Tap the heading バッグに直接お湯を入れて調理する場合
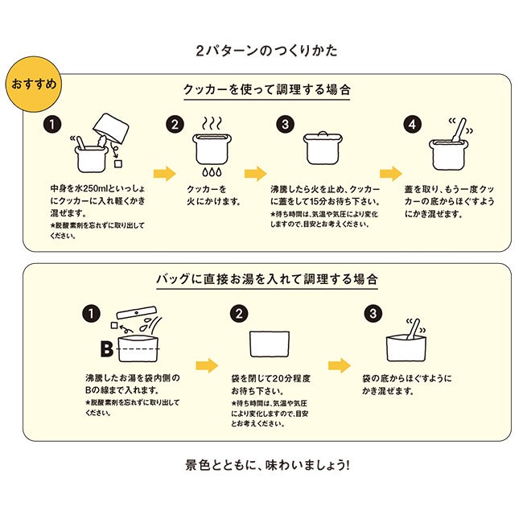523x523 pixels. click(266, 279)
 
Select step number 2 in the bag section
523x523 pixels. click(237, 313)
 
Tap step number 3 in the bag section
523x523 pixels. click(372, 313)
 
